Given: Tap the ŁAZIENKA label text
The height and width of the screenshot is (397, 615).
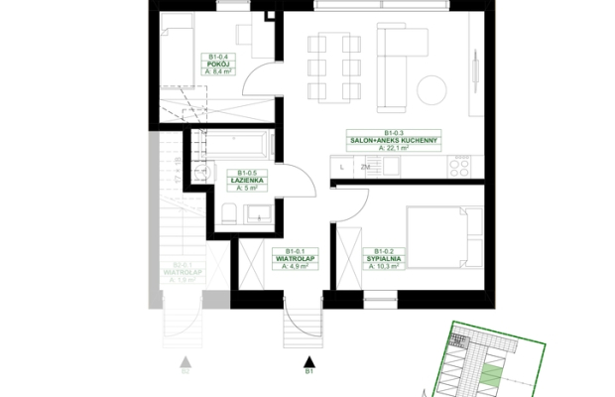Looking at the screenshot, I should coord(244,180).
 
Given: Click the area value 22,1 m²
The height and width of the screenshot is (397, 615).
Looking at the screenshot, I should coord(393,148).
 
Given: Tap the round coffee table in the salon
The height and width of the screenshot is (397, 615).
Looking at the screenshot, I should coord(432,91).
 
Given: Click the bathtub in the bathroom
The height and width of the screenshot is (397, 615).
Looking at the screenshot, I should coord(236,145).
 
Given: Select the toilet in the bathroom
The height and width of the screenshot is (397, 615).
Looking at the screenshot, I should coord(228,212).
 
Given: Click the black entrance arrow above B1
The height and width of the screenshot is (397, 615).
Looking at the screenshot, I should coord(309,362).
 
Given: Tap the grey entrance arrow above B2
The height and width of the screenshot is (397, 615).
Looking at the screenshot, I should coord(184,362).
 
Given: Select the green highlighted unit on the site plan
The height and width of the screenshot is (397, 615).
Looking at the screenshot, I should coord(492,374).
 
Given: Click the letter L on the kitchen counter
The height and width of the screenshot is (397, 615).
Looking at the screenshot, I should coord(341,167).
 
